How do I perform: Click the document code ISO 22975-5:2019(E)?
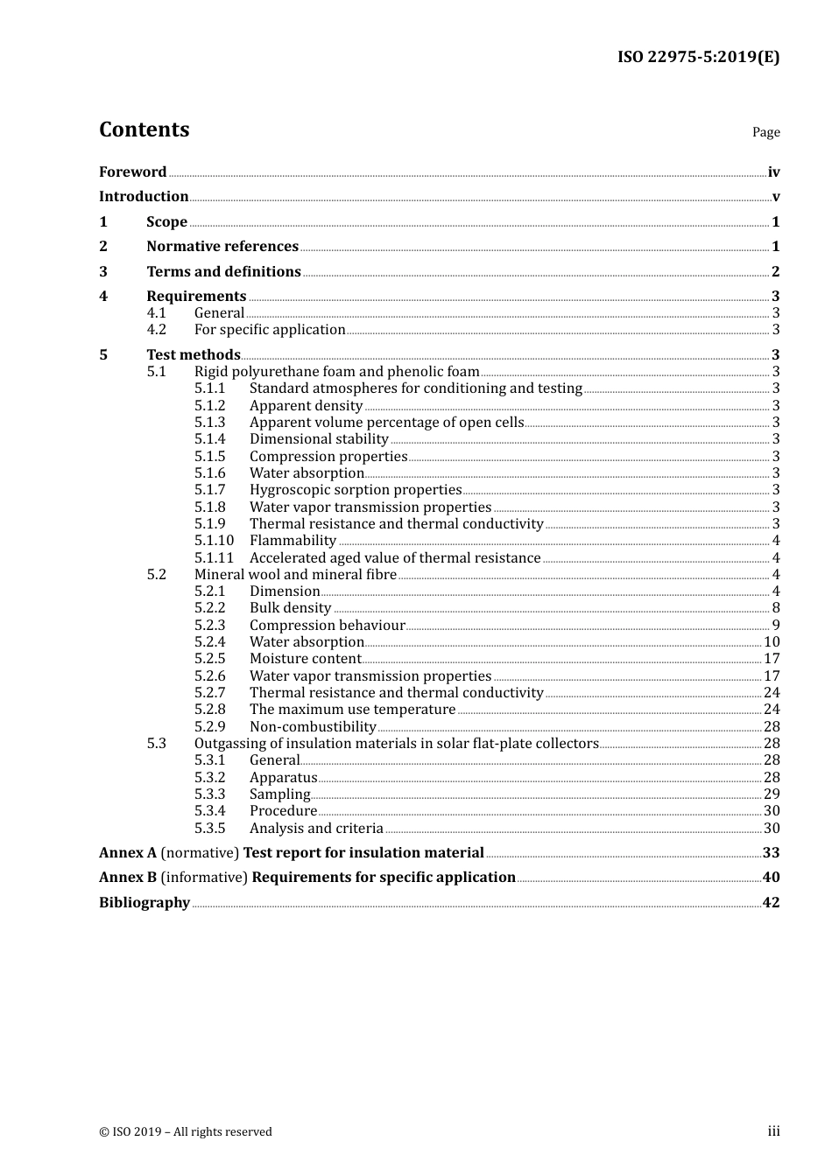pyautogui.click(x=698, y=57)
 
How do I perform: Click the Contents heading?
pyautogui.click(x=144, y=129)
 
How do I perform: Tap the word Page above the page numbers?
pyautogui.click(x=765, y=132)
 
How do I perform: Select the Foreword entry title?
pyautogui.click(x=132, y=172)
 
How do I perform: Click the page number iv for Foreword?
pyautogui.click(x=773, y=172)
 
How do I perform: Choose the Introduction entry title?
pyautogui.click(x=144, y=197)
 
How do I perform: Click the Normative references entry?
pyautogui.click(x=222, y=247)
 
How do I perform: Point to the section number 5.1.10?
pyautogui.click(x=214, y=541)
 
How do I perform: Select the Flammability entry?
pyautogui.click(x=293, y=541)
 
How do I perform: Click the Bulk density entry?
pyautogui.click(x=290, y=608)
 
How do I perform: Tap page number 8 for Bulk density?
pyautogui.click(x=775, y=608)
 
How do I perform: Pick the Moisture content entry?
pyautogui.click(x=305, y=659)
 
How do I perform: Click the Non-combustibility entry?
pyautogui.click(x=313, y=727)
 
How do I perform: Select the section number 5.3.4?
pyautogui.click(x=209, y=811)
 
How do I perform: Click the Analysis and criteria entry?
pyautogui.click(x=316, y=829)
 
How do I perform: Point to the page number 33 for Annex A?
pyautogui.click(x=771, y=853)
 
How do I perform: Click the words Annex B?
pyautogui.click(x=128, y=878)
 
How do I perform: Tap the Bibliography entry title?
pyautogui.click(x=145, y=903)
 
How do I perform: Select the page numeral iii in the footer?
pyautogui.click(x=773, y=1131)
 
